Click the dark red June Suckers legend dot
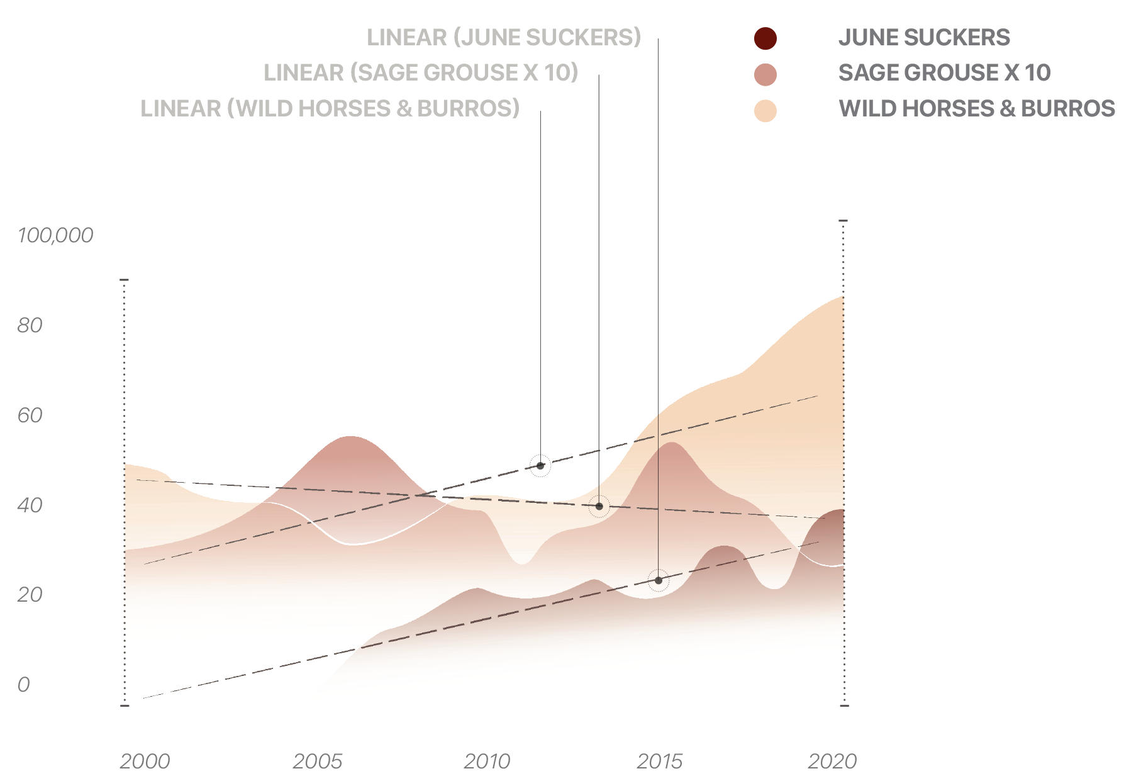coord(765,38)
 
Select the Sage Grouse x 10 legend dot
coord(765,74)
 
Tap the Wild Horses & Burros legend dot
coord(765,111)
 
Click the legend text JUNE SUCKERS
coord(923,38)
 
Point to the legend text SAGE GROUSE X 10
coord(944,73)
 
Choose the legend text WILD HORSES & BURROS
coord(976,109)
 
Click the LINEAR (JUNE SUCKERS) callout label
coord(504,38)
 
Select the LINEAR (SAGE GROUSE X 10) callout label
coord(421,73)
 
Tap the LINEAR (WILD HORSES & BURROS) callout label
coord(330,109)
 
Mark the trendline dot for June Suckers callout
coord(658,580)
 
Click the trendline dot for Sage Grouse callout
coord(599,506)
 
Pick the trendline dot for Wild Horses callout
coord(540,466)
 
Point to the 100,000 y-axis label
coord(55,235)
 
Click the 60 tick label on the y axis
coord(30,415)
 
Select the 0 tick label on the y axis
coord(23,685)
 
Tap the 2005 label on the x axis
coord(317,762)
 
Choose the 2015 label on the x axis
coord(659,762)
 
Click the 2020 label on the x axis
coord(832,762)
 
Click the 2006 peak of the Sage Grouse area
coord(350,437)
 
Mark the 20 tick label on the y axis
coord(30,595)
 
